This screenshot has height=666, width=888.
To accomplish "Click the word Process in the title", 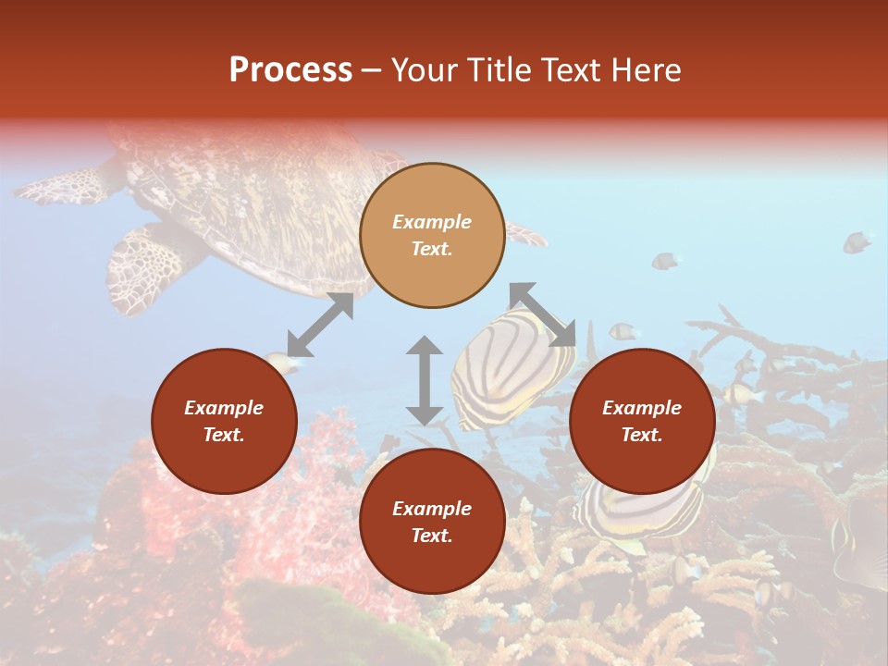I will coord(290,70).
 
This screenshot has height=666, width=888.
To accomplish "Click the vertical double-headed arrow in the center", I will coord(425,380).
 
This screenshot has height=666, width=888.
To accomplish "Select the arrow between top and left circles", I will coord(320,325).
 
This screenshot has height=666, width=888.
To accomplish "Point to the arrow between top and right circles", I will coord(543,314).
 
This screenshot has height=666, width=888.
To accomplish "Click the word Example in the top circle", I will coord(432,222).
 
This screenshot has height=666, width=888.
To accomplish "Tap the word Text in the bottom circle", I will coord(432,536).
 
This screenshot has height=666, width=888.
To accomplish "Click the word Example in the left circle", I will coord(224,408).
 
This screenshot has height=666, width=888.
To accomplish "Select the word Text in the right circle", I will coord(642,435).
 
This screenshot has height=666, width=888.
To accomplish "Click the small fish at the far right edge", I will coord(857,242).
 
